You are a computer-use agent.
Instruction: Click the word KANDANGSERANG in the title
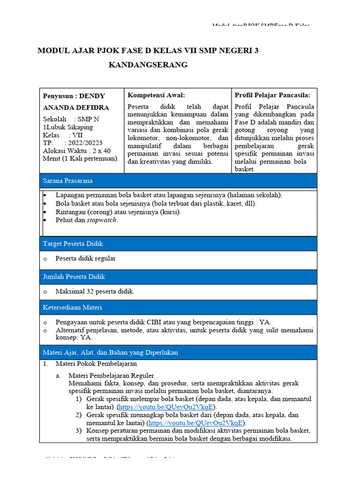coord(148,65)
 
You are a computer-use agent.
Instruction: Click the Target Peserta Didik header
coord(73,244)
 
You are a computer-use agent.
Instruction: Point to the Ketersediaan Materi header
coord(73,307)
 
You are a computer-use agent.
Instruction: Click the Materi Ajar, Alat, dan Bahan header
coord(111,352)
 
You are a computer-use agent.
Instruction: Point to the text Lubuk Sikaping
coord(70,127)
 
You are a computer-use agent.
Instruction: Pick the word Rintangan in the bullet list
coord(70,212)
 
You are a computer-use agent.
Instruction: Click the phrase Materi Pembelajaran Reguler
coord(111,375)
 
